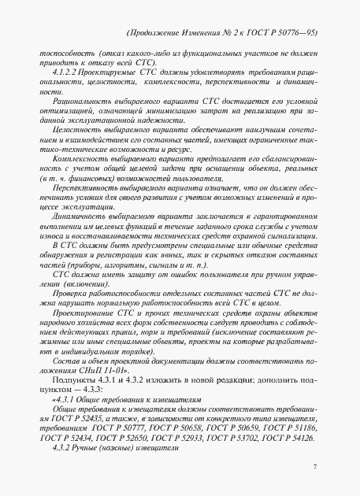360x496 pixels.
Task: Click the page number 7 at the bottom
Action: tap(314, 468)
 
